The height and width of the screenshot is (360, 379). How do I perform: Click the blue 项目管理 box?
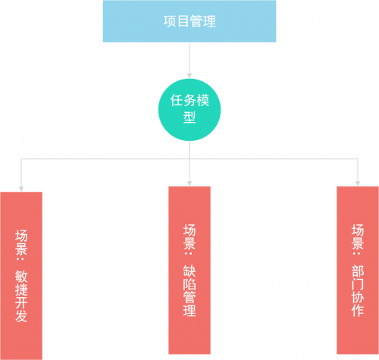tap(189, 21)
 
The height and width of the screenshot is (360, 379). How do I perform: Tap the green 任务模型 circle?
tap(189, 110)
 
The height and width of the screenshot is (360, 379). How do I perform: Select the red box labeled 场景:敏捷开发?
tap(21, 276)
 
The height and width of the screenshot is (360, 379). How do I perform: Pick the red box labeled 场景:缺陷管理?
tap(189, 270)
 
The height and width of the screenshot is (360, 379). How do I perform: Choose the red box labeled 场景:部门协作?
tap(358, 270)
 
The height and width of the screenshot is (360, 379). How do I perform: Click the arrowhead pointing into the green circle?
tap(189, 76)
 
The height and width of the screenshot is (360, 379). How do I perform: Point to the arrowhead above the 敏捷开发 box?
tap(21, 189)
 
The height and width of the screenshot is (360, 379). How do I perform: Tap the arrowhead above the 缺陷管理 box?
tap(189, 183)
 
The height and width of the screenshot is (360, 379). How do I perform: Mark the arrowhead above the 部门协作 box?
tap(358, 183)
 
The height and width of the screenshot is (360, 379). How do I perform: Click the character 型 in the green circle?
tap(189, 117)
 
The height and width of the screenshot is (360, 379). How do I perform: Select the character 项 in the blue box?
tap(170, 21)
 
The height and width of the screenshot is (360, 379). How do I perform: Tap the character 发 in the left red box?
tap(21, 316)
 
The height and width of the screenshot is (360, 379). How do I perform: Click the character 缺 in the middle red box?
tap(189, 271)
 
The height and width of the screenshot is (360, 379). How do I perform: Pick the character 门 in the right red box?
tap(358, 284)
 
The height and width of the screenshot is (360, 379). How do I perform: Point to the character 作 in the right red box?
tap(358, 311)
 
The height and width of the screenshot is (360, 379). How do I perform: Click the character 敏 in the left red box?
tap(21, 277)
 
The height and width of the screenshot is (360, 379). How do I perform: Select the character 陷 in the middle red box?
tap(189, 284)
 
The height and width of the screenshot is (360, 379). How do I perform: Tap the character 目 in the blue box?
tap(183, 21)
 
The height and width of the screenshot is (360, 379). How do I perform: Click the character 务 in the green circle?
tap(189, 100)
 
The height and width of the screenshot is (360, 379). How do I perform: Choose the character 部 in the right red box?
tap(358, 271)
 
